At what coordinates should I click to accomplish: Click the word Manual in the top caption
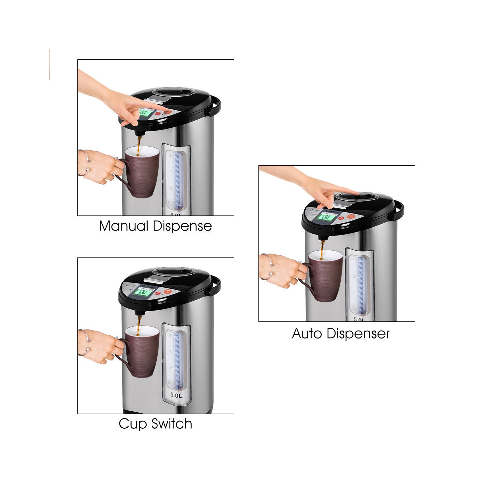click(x=123, y=226)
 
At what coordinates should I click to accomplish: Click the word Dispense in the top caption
click(x=182, y=226)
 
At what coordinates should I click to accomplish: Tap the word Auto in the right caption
click(x=306, y=334)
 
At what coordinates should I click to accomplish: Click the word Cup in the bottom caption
click(x=133, y=424)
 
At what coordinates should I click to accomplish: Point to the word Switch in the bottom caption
click(x=172, y=424)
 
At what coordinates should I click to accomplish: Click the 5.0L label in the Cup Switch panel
click(x=176, y=395)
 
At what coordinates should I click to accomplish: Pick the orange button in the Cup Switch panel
click(x=168, y=292)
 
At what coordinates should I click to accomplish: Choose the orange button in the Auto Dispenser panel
click(x=351, y=216)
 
